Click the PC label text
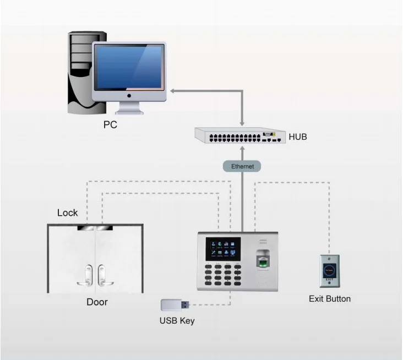110,125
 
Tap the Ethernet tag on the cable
242,166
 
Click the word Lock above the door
68,212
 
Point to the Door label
97,302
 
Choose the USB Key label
177,320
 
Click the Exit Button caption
329,299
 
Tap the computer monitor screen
128,68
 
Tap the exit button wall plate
330,270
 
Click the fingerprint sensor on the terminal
264,260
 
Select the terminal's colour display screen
222,249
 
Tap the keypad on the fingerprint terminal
222,275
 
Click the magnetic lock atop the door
94,226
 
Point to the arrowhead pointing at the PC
172,90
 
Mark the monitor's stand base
129,112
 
